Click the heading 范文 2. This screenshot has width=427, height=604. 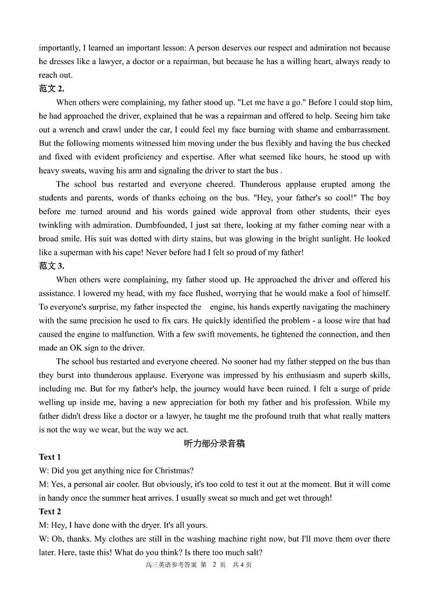click(52, 89)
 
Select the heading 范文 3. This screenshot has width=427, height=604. click(52, 266)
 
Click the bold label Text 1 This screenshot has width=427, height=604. click(49, 457)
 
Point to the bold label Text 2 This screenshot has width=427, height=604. click(49, 511)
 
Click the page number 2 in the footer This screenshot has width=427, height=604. click(214, 565)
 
